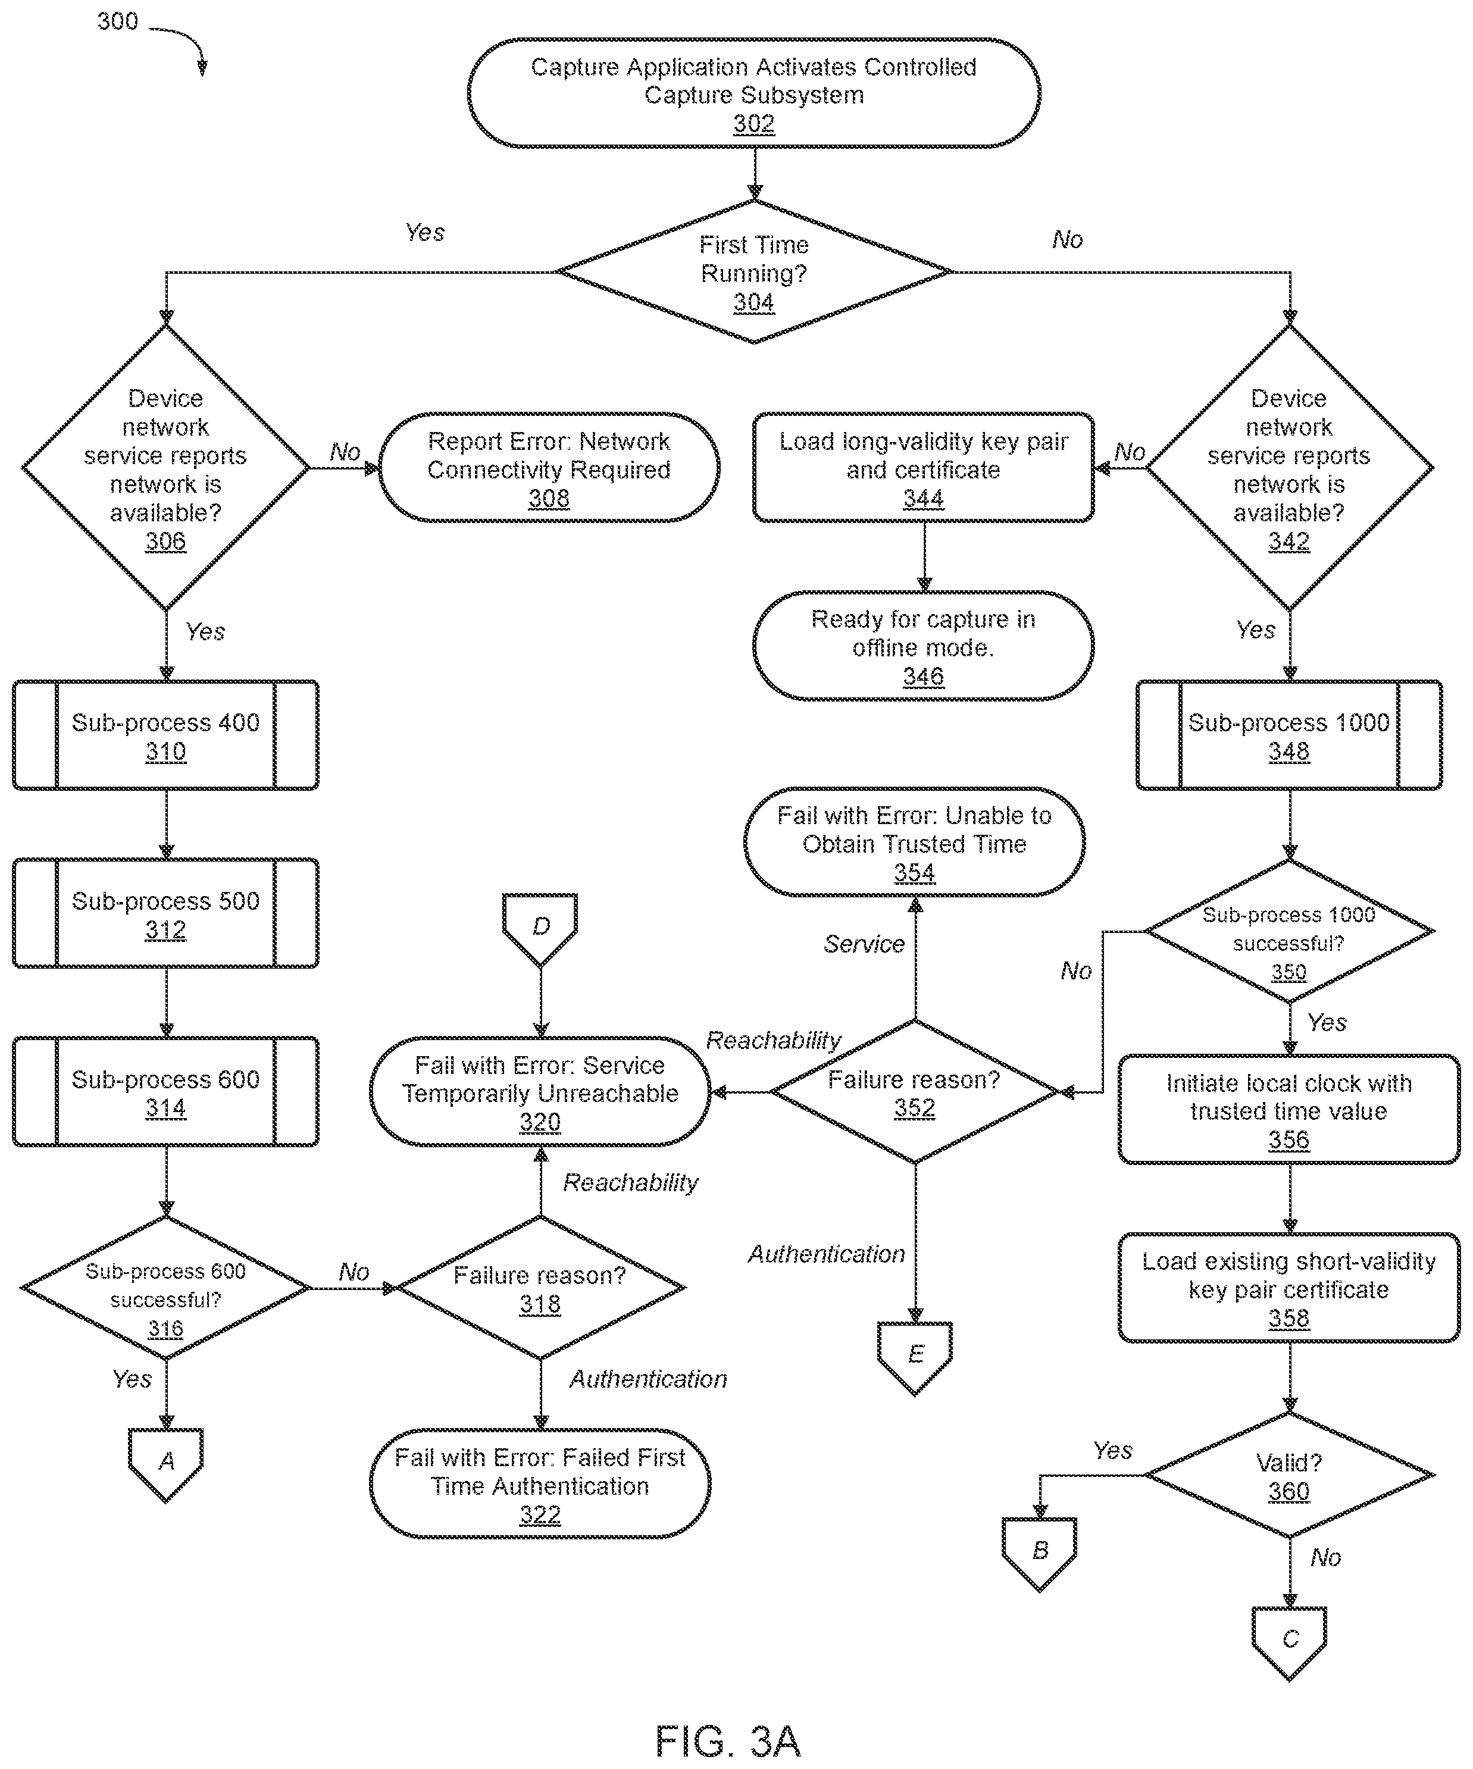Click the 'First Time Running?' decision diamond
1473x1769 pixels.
tap(754, 271)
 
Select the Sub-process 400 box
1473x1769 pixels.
tap(166, 735)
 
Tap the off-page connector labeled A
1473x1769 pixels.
tap(166, 1465)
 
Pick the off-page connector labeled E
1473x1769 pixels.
tap(915, 1358)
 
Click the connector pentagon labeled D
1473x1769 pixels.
tap(540, 929)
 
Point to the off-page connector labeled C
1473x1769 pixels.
tap(1289, 1643)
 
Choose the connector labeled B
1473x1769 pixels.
tap(1040, 1554)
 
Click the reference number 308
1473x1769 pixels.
tap(549, 499)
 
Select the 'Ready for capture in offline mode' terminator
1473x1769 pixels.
tap(924, 646)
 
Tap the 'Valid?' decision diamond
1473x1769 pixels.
tap(1289, 1475)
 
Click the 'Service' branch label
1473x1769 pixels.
tap(864, 944)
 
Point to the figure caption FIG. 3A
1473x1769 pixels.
tap(728, 1740)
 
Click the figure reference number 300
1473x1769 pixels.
tap(117, 21)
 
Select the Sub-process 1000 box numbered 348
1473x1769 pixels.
tap(1289, 735)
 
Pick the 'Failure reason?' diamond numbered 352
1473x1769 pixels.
tap(915, 1092)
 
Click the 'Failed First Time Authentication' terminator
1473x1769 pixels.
tap(540, 1483)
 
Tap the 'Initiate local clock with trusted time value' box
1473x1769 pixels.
tap(1289, 1109)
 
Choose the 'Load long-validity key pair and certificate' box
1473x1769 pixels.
tap(924, 468)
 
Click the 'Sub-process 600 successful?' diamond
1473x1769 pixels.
tap(166, 1287)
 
